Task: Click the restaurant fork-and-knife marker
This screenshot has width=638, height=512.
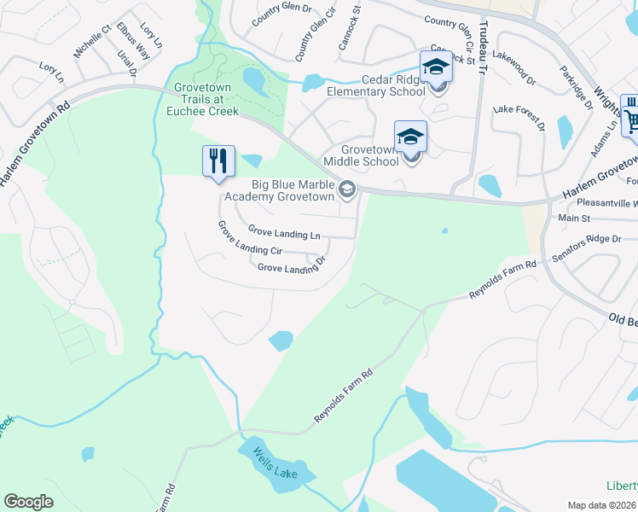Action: click(x=218, y=160)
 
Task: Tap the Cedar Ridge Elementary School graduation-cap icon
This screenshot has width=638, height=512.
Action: click(x=436, y=67)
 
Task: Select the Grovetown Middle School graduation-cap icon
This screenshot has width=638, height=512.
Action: click(x=410, y=137)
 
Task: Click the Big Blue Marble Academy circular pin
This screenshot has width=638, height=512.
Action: click(x=346, y=189)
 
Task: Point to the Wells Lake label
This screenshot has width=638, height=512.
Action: click(x=274, y=466)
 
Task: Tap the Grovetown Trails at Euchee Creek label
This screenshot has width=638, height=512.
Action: click(x=206, y=99)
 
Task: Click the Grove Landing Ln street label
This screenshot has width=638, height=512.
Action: click(x=284, y=231)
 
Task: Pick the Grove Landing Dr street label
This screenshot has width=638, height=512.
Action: click(x=292, y=268)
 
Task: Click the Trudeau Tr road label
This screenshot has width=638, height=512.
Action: click(x=481, y=50)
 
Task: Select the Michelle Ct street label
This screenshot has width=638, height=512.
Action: click(x=93, y=41)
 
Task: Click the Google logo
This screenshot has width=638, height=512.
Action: click(x=28, y=502)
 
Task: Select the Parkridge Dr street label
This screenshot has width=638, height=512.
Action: click(x=576, y=89)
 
